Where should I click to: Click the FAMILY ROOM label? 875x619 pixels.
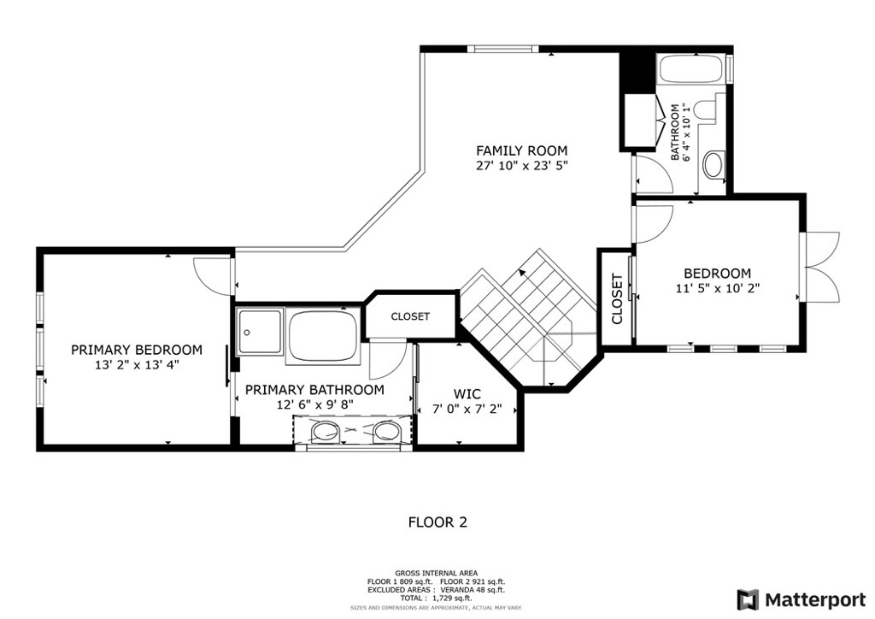point(521,150)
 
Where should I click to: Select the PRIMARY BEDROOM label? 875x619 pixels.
point(137,350)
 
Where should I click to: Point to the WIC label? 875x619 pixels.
point(467,393)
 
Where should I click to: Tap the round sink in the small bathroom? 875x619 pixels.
point(714,165)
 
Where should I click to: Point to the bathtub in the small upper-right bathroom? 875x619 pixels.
point(692,69)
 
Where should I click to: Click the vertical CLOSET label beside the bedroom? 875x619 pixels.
point(617,299)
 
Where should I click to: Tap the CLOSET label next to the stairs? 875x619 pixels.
point(410,316)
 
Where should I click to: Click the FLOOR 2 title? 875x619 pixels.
point(437,522)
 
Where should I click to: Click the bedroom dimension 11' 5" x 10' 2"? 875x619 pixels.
point(718,289)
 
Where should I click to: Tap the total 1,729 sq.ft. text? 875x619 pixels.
point(436,598)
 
